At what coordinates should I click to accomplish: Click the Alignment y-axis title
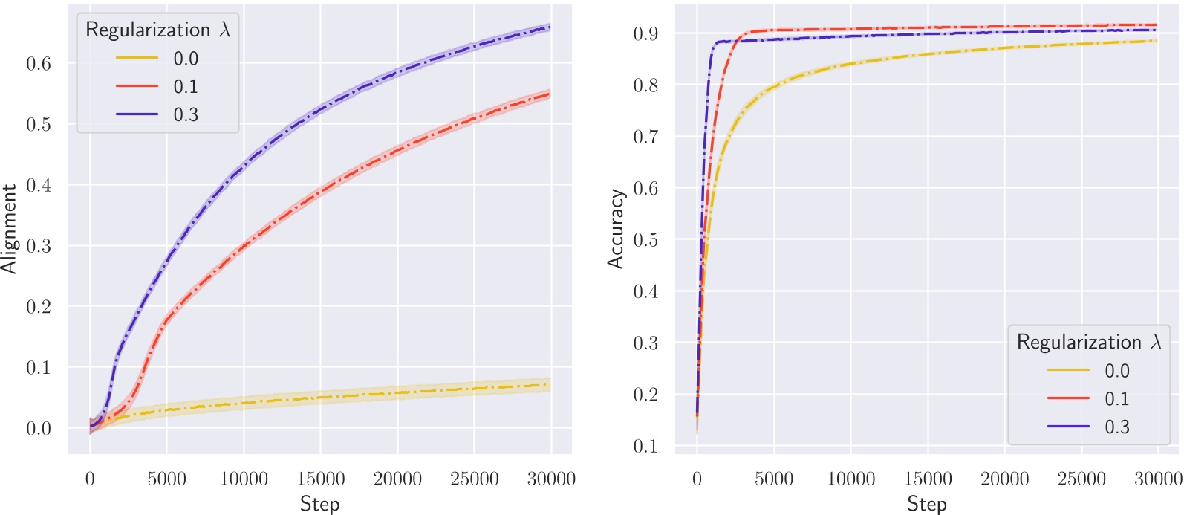(x=9, y=229)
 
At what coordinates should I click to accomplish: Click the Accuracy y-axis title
(x=615, y=229)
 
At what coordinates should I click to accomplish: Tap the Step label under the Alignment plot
(x=319, y=503)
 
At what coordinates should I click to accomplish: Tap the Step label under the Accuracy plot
(x=926, y=503)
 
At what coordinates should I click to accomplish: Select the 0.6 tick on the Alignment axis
(x=39, y=64)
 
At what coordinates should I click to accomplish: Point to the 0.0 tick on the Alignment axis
(x=39, y=429)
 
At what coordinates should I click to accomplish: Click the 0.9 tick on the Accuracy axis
(x=645, y=34)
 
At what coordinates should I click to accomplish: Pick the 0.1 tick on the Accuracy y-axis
(x=645, y=446)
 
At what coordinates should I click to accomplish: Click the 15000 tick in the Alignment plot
(x=320, y=479)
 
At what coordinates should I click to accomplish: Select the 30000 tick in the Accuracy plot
(x=1157, y=479)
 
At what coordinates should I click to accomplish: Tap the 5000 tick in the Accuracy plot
(x=773, y=479)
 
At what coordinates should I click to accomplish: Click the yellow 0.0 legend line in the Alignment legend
(x=137, y=58)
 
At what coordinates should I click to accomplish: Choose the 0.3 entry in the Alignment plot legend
(x=186, y=114)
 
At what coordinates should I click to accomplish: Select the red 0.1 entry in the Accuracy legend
(x=1116, y=399)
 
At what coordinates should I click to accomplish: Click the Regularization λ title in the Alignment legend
(x=157, y=30)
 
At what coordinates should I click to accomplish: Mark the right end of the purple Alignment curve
(x=550, y=27)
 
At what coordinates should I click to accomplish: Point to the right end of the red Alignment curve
(x=550, y=94)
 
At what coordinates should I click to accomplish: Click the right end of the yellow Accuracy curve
(x=1157, y=41)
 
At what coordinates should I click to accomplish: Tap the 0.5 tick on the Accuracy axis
(x=645, y=240)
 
